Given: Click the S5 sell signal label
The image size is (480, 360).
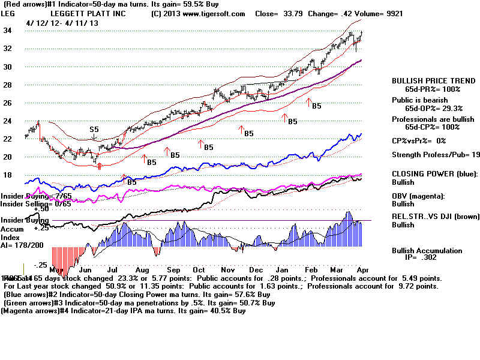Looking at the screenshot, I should [94, 129].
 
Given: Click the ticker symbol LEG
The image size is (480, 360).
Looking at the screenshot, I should [10, 13].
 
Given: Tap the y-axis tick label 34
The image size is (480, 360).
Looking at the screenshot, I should [8, 31].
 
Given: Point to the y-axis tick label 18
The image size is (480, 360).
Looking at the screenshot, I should [8, 175].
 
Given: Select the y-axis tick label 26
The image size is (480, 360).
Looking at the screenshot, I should [8, 103].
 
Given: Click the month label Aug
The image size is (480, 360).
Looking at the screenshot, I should [143, 271].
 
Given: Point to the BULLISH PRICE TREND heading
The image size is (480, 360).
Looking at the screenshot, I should [427, 80].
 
